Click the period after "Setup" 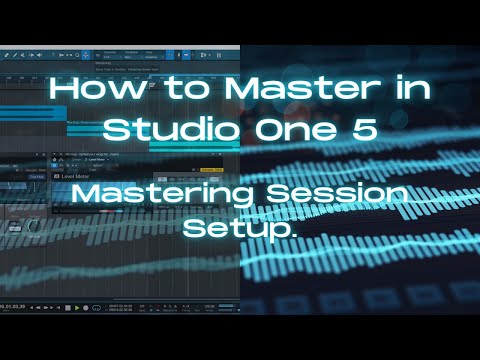pos(294,233)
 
